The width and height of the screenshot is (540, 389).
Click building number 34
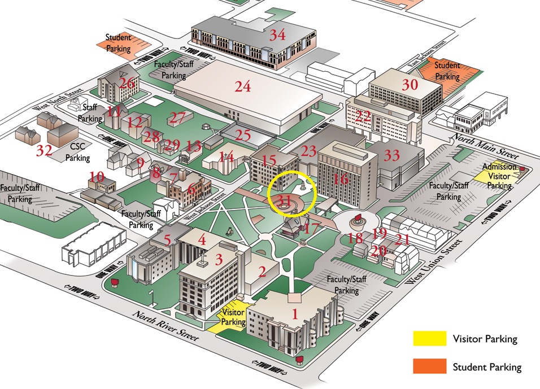tap(277, 35)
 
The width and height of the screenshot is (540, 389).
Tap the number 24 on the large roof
tap(243, 86)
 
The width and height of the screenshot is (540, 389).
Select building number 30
tap(410, 85)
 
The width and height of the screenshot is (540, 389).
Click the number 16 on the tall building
tap(341, 180)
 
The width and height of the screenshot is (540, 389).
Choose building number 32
tap(44, 150)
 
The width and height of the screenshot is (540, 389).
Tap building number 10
tap(97, 177)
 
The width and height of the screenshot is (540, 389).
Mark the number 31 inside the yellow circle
tap(284, 200)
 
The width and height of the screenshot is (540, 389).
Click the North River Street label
tap(166, 326)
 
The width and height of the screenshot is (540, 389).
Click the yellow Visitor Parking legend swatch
tap(429, 338)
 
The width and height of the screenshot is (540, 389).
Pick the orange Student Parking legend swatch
tap(429, 366)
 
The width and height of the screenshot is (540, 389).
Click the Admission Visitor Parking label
tap(499, 176)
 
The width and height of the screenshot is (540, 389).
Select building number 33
tap(391, 155)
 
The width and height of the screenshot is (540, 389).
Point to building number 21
tap(402, 239)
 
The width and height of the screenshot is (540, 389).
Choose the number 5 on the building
tap(167, 239)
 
